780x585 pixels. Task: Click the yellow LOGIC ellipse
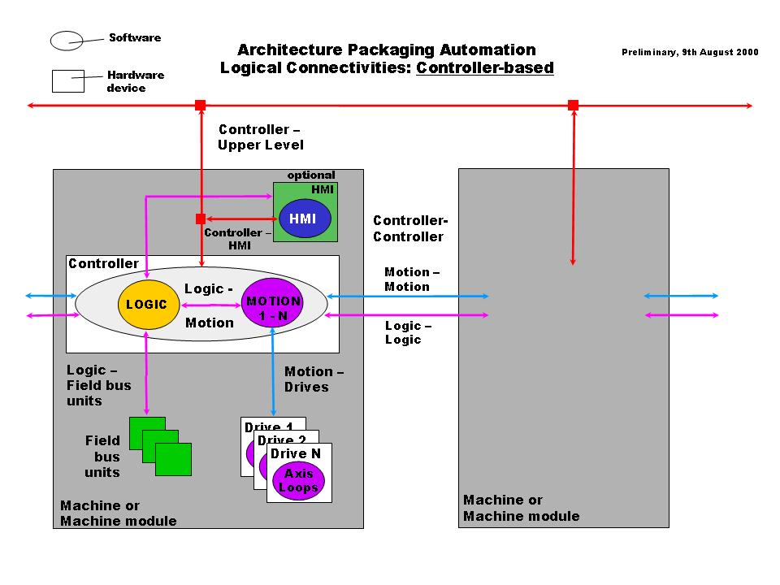pos(147,304)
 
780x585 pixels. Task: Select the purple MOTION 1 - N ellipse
pos(272,303)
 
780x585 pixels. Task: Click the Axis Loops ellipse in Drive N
pos(298,481)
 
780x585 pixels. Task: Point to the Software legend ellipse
pos(67,39)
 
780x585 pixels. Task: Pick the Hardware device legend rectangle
pos(68,81)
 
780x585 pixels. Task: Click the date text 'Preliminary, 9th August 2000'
pos(690,52)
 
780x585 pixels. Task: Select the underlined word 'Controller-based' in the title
pos(485,68)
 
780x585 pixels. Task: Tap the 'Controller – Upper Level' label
pos(260,137)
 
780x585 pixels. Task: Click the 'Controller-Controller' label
pos(410,228)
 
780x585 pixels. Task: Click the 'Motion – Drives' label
pos(314,379)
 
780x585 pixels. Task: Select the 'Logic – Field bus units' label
pos(98,385)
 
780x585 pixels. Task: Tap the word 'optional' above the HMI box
pos(310,175)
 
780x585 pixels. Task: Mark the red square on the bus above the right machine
pos(573,105)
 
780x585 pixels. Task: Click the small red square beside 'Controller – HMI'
pos(200,219)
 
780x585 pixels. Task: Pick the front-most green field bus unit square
pos(173,459)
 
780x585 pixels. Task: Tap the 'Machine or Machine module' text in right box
pos(521,508)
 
